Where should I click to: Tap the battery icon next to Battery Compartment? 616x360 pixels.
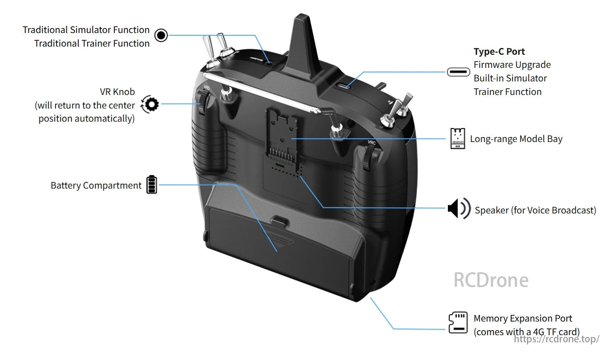152,185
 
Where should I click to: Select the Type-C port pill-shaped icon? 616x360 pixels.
458,72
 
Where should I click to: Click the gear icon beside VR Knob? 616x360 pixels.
150,104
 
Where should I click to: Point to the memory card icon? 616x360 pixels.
458,322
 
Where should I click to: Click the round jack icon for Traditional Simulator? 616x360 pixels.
161,35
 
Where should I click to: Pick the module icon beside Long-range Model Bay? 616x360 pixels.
457,138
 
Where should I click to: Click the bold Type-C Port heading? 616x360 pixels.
499,52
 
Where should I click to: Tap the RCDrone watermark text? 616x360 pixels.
490,280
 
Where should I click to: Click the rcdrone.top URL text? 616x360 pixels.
556,339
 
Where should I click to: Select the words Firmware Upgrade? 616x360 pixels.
512,65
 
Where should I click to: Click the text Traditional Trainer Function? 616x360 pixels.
92,43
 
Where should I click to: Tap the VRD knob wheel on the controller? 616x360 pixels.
204,103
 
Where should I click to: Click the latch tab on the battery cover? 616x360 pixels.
281,222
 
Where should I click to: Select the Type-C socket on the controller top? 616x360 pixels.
346,86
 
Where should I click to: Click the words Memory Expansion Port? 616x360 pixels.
522,318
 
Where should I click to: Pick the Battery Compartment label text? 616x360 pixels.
96,185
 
